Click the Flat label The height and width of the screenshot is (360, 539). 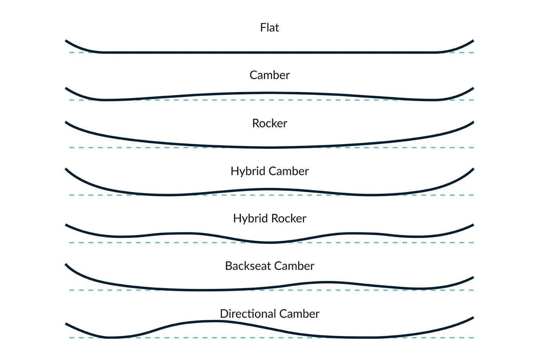tap(269, 28)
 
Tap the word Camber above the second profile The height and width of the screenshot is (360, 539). tap(269, 75)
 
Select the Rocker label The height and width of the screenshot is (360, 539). tap(269, 123)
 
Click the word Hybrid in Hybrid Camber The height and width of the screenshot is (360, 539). tap(248, 171)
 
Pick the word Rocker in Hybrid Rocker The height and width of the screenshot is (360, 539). tap(289, 218)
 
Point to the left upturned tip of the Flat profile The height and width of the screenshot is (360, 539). tap(67, 41)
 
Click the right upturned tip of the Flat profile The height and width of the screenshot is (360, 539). tap(472, 41)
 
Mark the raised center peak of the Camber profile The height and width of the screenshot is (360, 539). tap(269, 93)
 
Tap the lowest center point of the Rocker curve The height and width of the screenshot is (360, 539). tap(269, 147)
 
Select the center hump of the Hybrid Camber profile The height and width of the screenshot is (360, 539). tap(269, 189)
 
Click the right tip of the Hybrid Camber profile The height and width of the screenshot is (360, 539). tap(472, 169)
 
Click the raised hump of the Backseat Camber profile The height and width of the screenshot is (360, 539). tap(327, 282)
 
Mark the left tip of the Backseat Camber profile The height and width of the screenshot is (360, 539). tap(67, 265)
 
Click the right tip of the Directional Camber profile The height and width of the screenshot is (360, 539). tap(472, 318)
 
